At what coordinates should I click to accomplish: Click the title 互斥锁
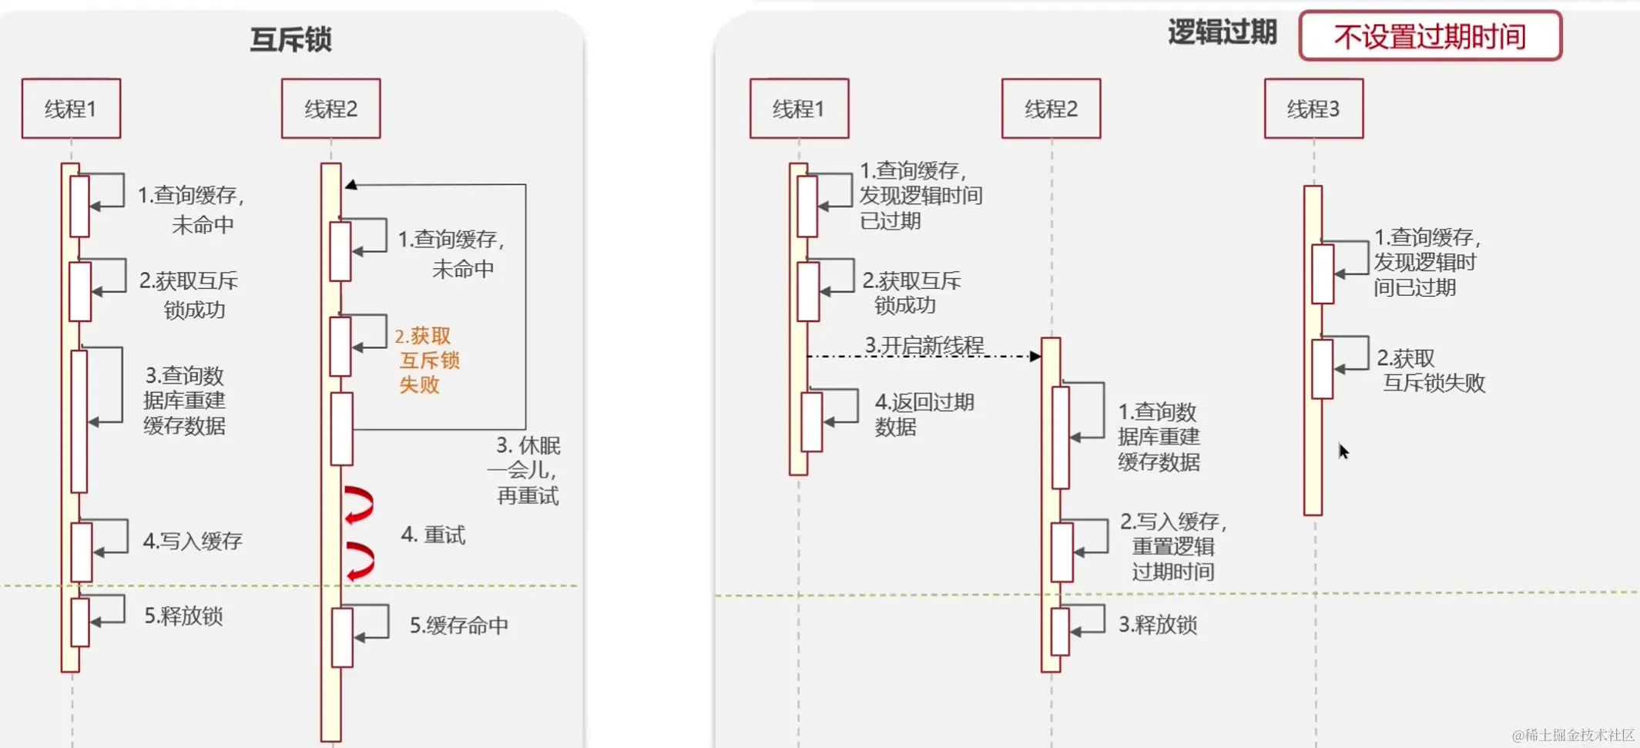[x=290, y=39]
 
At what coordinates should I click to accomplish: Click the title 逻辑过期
[x=1222, y=33]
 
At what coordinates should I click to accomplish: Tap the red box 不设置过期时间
[x=1430, y=36]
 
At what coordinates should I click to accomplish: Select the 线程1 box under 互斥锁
[x=71, y=109]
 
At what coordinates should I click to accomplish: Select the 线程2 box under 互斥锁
[x=330, y=109]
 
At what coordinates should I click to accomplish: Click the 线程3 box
[x=1313, y=109]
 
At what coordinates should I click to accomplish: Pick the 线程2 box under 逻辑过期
[x=1051, y=109]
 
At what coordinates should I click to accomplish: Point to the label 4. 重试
[x=433, y=535]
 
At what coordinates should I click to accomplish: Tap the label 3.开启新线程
[x=924, y=345]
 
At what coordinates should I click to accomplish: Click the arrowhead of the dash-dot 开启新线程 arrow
[x=1035, y=356]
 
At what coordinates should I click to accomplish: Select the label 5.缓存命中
[x=458, y=625]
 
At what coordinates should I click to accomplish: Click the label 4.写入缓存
[x=193, y=541]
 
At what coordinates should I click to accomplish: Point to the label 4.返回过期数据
[x=924, y=414]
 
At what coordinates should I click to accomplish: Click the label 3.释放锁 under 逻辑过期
[x=1157, y=624]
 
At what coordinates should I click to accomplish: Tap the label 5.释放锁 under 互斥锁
[x=183, y=616]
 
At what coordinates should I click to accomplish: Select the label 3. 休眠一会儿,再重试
[x=527, y=470]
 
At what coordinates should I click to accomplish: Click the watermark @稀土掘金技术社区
[x=1572, y=735]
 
